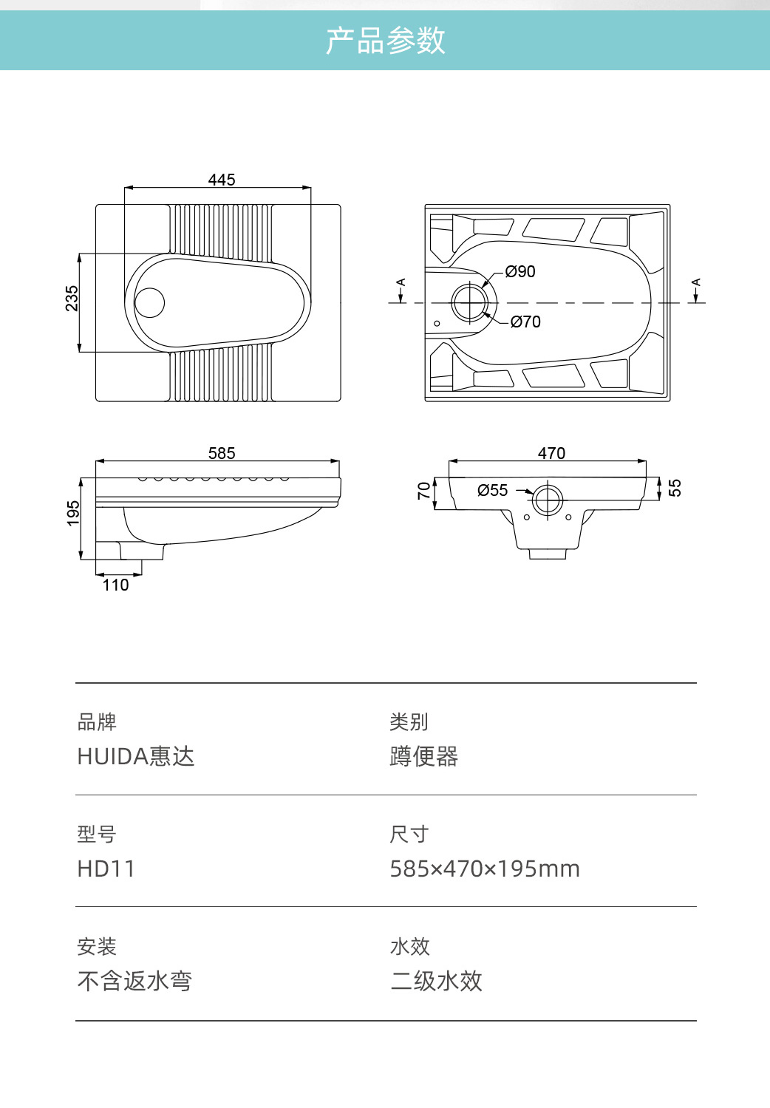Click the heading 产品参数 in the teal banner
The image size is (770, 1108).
pyautogui.click(x=385, y=41)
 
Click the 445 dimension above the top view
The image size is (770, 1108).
pyautogui.click(x=222, y=180)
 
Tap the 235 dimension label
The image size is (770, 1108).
pyautogui.click(x=72, y=299)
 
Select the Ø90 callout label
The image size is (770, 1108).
pyautogui.click(x=520, y=271)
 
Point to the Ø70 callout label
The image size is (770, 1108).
pyautogui.click(x=525, y=322)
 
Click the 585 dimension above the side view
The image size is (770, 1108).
pyautogui.click(x=222, y=453)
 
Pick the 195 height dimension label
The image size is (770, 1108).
pyautogui.click(x=73, y=514)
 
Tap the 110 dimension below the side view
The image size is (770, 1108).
pyautogui.click(x=116, y=585)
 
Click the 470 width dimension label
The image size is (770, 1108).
pyautogui.click(x=551, y=453)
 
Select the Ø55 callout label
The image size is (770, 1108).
pyautogui.click(x=493, y=490)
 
